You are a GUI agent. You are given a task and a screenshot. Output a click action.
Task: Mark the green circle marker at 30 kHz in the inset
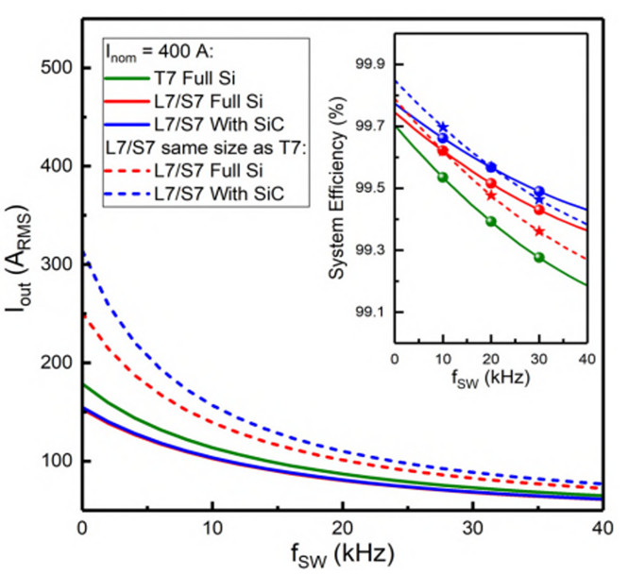[539, 257]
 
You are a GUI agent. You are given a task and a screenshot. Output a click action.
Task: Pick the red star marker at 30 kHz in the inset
[539, 231]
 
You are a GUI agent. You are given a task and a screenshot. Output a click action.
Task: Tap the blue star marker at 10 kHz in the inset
[443, 127]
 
